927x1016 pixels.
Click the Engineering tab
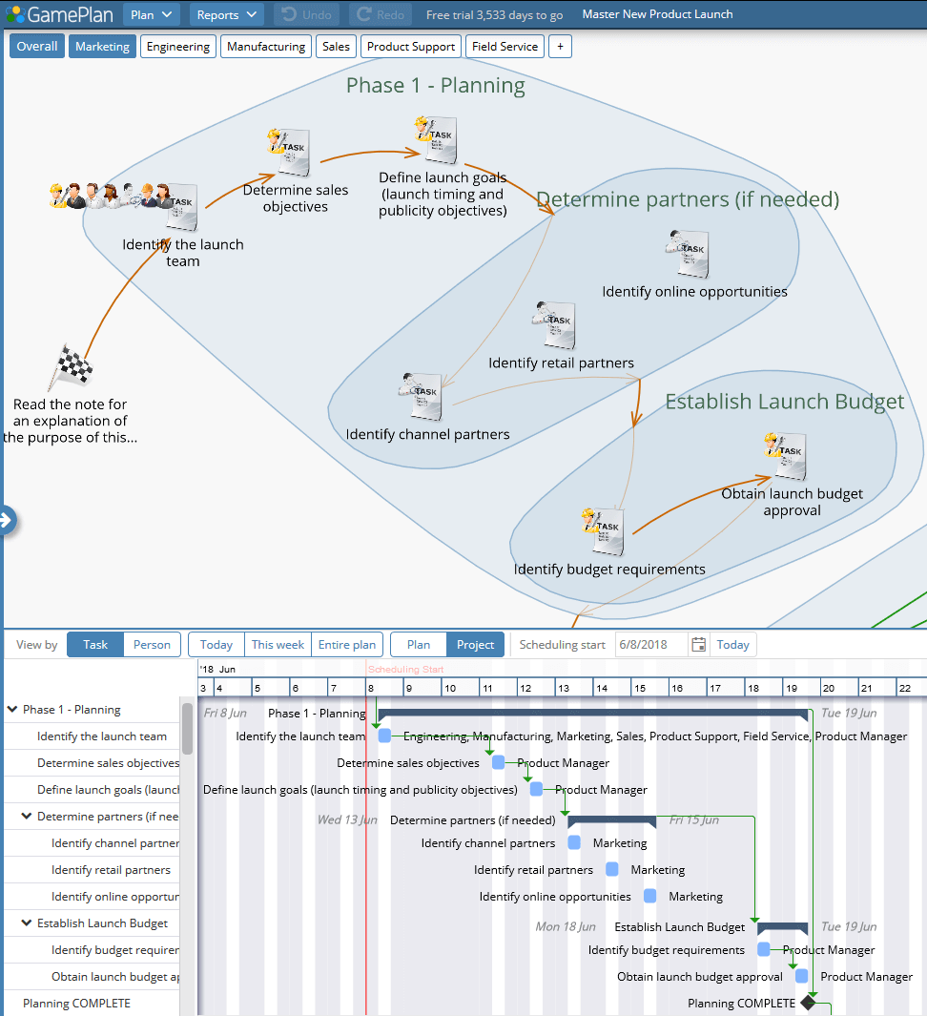pos(178,46)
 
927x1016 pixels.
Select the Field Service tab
pos(505,46)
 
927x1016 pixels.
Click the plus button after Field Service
pos(560,46)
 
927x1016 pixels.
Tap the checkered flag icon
pos(70,366)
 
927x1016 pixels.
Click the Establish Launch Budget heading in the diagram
pos(784,402)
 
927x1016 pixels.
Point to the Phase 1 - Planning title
pos(435,86)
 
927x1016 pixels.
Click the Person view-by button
pos(152,645)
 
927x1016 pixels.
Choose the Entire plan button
pos(347,645)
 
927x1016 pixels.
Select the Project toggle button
pos(475,645)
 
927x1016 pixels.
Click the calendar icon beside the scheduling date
pos(699,645)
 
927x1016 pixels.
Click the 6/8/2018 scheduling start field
pos(650,645)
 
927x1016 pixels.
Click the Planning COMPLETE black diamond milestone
pos(809,1003)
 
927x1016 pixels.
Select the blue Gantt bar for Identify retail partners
pos(612,869)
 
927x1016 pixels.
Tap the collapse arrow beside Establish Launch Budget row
pos(27,923)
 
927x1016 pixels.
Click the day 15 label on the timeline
pos(639,688)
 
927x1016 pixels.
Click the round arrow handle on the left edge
pos(6,520)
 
